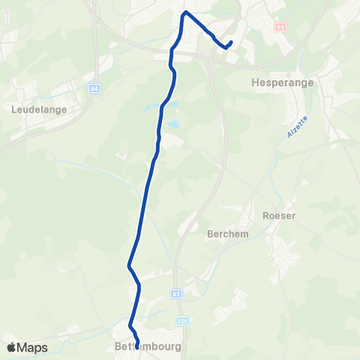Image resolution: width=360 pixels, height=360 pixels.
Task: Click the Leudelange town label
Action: tap(40, 109)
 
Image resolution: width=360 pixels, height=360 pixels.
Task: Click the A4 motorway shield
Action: tap(94, 88)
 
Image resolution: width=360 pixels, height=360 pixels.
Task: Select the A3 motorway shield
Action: tap(175, 294)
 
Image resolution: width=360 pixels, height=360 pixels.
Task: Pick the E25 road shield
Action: tap(182, 320)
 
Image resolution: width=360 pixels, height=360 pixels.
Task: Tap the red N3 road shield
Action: tap(280, 26)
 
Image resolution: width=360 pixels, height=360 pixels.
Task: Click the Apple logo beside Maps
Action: tap(11, 347)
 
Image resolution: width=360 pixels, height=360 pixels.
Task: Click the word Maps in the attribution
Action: tap(32, 347)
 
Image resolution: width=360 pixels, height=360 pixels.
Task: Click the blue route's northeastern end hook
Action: tap(230, 42)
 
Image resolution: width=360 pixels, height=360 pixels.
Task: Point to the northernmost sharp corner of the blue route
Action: tap(185, 13)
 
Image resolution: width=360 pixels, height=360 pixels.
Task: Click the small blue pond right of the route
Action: tap(174, 124)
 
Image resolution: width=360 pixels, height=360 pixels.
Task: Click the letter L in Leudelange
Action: tap(15, 109)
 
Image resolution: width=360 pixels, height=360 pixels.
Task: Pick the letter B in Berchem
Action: tap(209, 233)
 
